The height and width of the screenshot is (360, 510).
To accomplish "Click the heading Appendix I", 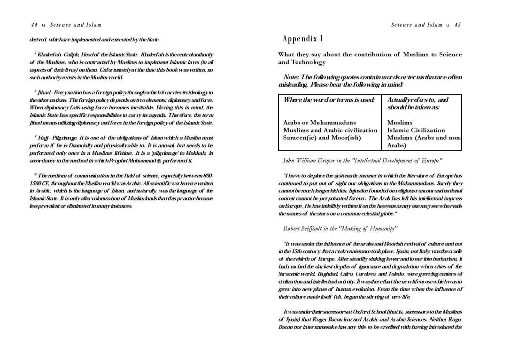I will coord(303,38).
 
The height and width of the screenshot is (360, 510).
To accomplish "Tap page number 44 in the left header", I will coord(34,25).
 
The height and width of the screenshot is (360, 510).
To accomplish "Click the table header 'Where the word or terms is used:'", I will coord(329,100).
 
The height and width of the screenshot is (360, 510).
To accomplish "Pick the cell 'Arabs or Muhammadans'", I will coord(319,123).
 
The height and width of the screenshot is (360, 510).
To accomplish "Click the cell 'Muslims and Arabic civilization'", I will coord(330,130).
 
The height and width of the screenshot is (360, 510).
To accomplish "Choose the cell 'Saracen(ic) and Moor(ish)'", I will coord(322,138).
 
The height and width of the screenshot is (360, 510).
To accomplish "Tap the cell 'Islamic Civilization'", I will coord(416,130).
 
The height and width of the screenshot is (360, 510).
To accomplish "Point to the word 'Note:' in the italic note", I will coord(292,77).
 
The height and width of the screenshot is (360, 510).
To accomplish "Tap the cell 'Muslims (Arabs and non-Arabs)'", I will coord(422,141).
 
